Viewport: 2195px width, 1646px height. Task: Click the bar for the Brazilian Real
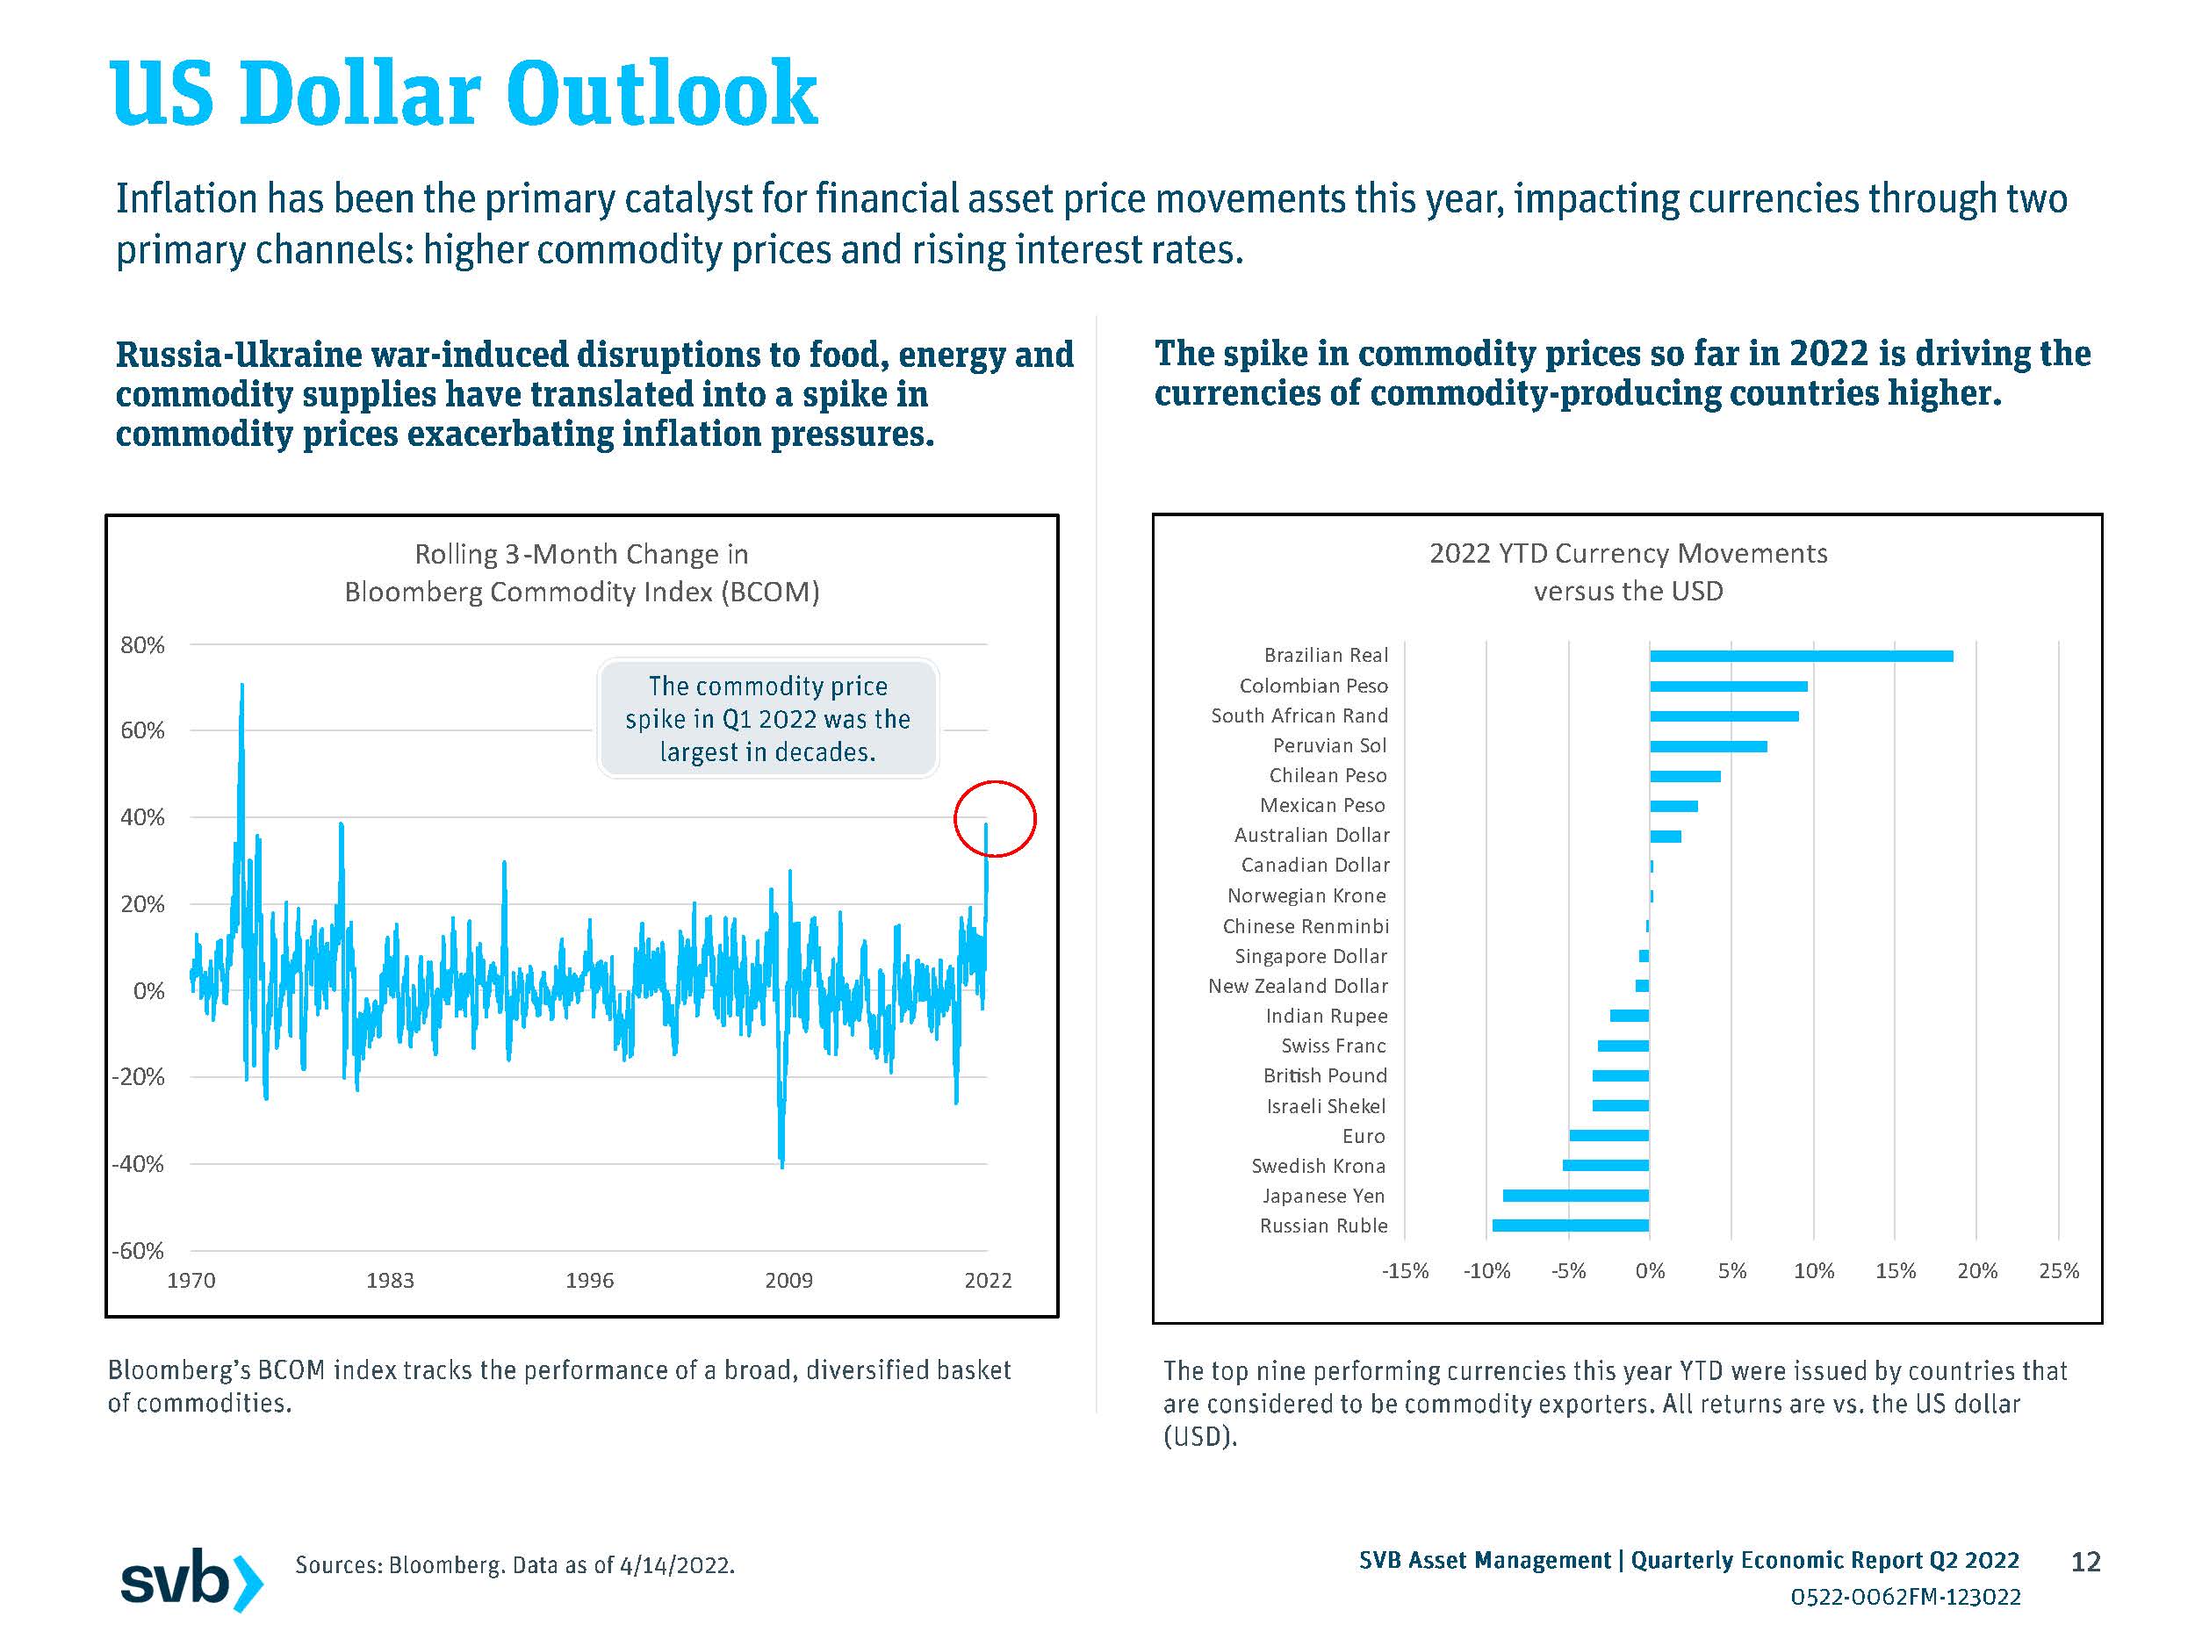pyautogui.click(x=1800, y=656)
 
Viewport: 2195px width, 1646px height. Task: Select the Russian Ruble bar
pyautogui.click(x=1570, y=1226)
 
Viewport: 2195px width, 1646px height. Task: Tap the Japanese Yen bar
pyautogui.click(x=1576, y=1196)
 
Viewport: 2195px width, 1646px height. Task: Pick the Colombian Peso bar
pyautogui.click(x=1728, y=686)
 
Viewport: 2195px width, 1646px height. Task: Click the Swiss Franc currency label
pyautogui.click(x=1333, y=1046)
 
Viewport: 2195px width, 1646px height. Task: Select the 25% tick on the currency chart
pyautogui.click(x=2058, y=1271)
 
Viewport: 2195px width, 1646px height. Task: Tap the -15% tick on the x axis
pyautogui.click(x=1404, y=1271)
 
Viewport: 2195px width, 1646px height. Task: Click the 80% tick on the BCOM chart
pyautogui.click(x=142, y=645)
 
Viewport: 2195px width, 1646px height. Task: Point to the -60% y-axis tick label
pyautogui.click(x=138, y=1250)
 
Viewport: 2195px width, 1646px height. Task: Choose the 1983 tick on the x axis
pyautogui.click(x=390, y=1280)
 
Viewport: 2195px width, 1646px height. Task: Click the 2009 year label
pyautogui.click(x=789, y=1280)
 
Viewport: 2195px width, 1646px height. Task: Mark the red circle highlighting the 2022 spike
pyautogui.click(x=996, y=818)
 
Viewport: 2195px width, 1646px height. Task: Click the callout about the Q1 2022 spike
pyautogui.click(x=767, y=718)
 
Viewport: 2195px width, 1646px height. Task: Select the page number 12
pyautogui.click(x=2085, y=1562)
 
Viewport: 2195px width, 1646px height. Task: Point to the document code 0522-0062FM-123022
pyautogui.click(x=1905, y=1596)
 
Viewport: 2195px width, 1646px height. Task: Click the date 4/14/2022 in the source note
pyautogui.click(x=676, y=1565)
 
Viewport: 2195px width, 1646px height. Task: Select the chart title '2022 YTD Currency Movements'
pyautogui.click(x=1628, y=554)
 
